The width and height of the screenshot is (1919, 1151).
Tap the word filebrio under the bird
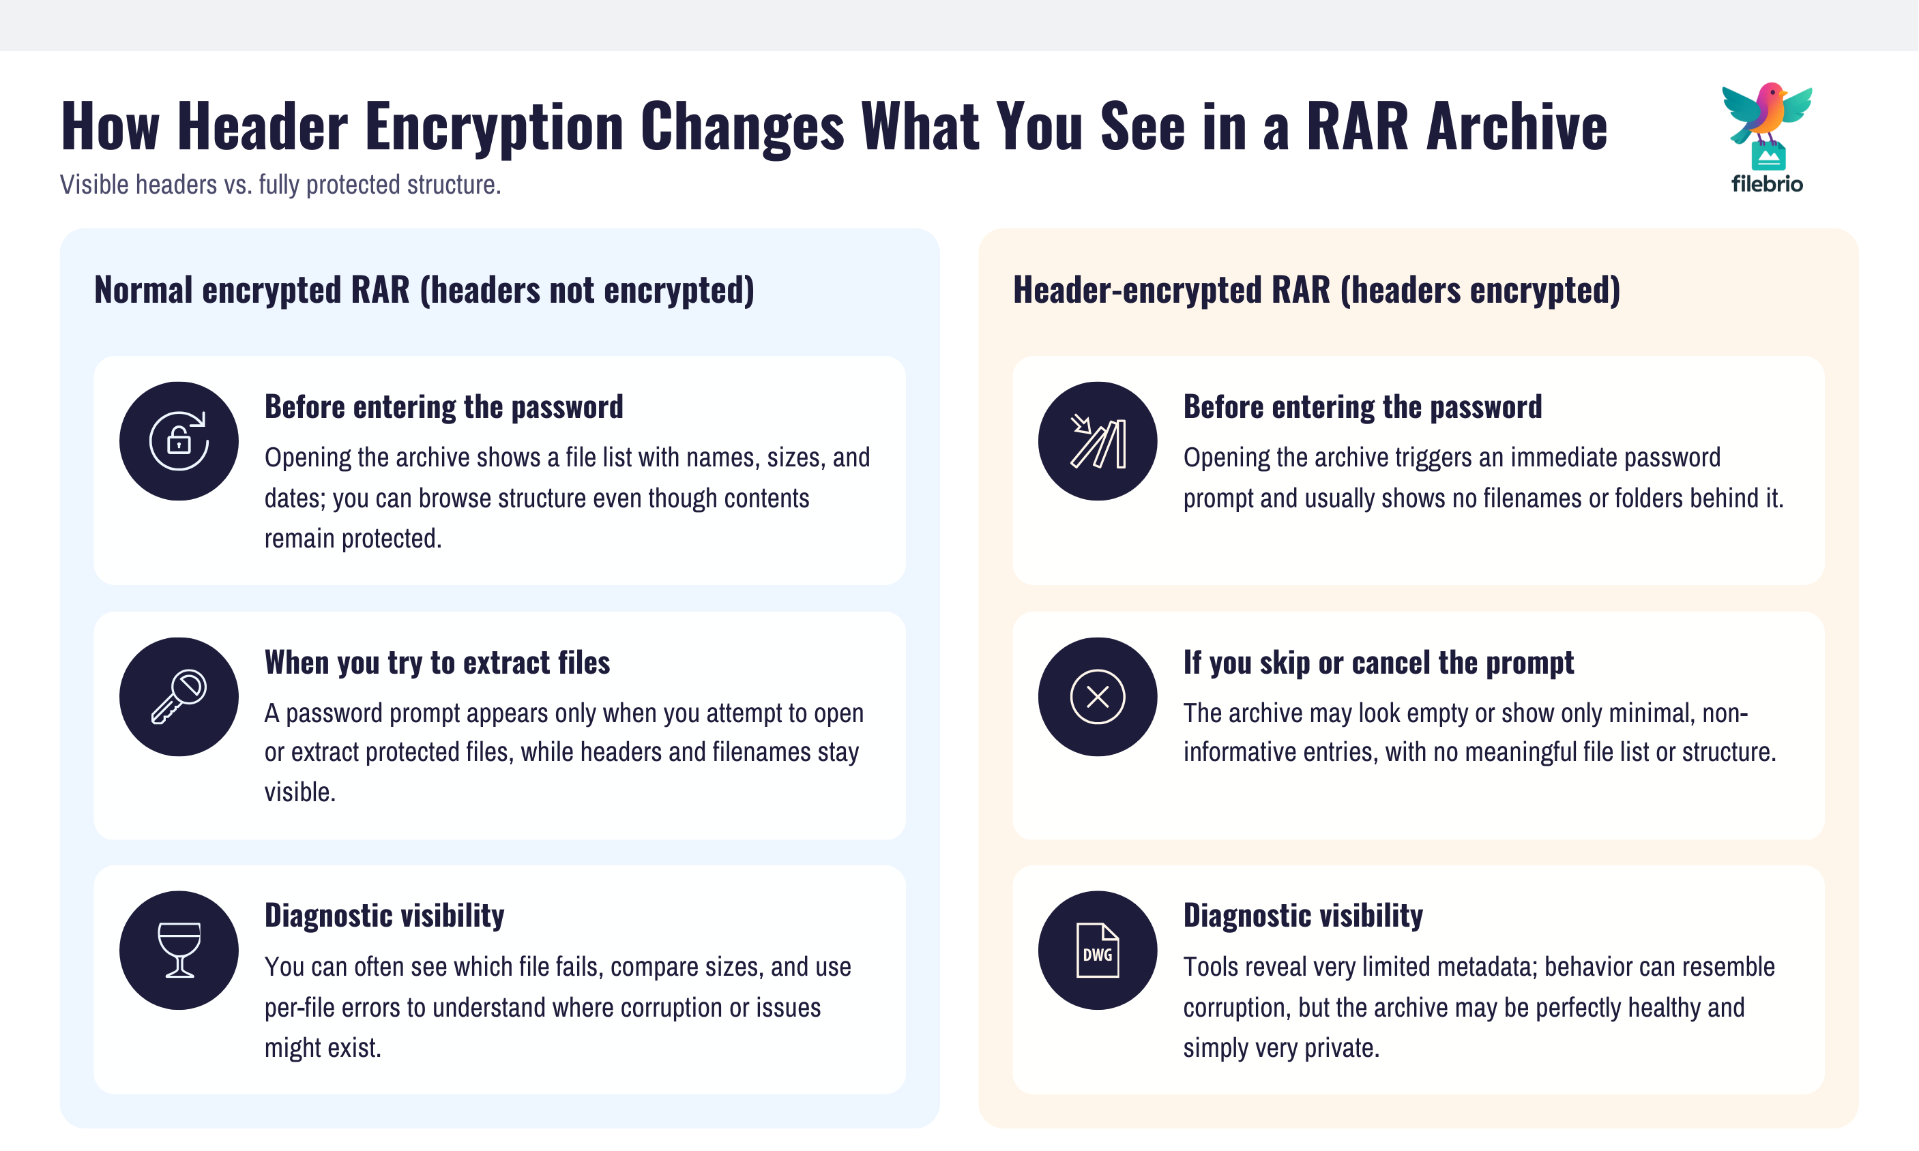(1767, 185)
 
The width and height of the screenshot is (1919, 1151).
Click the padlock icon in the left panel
(179, 440)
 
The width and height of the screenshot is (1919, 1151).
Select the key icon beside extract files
(179, 696)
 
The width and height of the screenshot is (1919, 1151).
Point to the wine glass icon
(179, 950)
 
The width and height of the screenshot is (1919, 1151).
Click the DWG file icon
(1097, 950)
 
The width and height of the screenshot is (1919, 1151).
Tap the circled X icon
(1097, 696)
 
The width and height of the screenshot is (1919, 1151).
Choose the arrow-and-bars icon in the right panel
(1097, 440)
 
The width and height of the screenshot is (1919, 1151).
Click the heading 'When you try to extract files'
(437, 662)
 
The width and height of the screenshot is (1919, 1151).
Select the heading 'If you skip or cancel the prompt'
(1378, 662)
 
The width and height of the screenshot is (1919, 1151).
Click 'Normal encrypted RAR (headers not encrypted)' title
(424, 290)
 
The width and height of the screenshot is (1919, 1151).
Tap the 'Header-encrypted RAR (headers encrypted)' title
(1316, 290)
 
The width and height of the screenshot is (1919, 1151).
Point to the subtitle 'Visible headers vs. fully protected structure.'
(280, 185)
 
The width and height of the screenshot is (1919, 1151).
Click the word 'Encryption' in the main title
(495, 125)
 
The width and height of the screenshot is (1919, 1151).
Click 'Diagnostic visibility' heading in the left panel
(384, 915)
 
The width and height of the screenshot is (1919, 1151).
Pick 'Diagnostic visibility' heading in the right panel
(1303, 915)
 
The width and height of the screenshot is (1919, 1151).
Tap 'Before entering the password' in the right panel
(1362, 406)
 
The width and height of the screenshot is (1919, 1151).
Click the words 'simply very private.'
(1281, 1048)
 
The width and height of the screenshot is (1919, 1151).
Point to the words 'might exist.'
(323, 1048)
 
